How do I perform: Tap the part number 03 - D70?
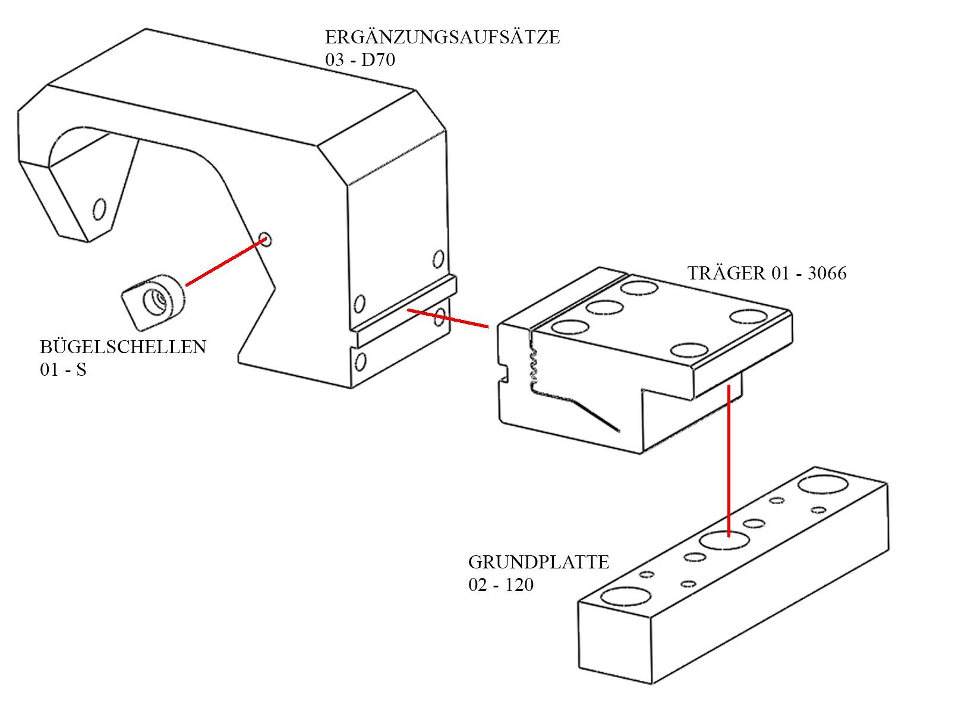[360, 59]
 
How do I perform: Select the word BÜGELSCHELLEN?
[123, 346]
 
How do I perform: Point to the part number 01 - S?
[64, 370]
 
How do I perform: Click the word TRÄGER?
[727, 272]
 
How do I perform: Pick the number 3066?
[827, 274]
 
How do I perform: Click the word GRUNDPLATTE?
[539, 562]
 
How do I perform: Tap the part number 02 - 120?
[501, 584]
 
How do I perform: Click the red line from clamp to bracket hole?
[226, 262]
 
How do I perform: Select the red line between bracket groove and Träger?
[448, 319]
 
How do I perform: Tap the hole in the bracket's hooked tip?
[99, 209]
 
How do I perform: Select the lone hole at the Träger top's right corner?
[749, 316]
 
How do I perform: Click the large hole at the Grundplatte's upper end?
[823, 485]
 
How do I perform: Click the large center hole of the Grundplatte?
[724, 540]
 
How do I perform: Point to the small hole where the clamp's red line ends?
[265, 239]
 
